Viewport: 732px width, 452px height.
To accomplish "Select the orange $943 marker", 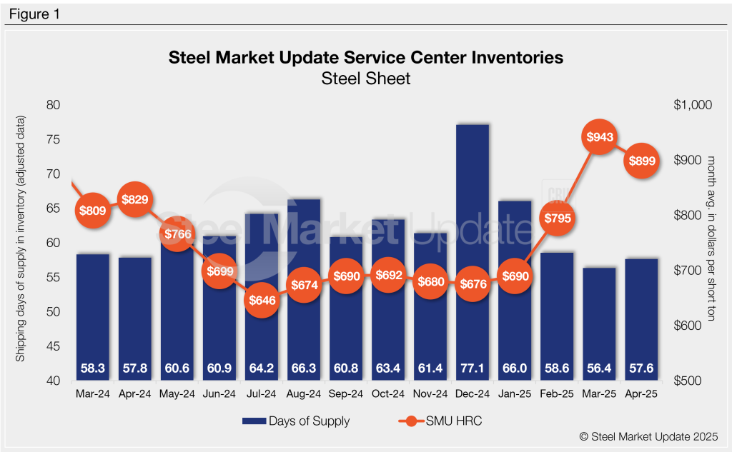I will [600, 136].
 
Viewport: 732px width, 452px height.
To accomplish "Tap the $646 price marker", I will [261, 301].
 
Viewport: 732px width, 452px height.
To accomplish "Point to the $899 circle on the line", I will [641, 161].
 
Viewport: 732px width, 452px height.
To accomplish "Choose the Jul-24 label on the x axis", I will [261, 393].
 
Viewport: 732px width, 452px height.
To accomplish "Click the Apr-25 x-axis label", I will [641, 393].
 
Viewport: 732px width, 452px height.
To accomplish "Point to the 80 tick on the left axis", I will [53, 105].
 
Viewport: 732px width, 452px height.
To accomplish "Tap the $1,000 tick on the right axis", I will [693, 105].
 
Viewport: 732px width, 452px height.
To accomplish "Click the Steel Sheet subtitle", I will [366, 79].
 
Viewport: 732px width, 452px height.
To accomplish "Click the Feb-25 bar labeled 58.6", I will [558, 314].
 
